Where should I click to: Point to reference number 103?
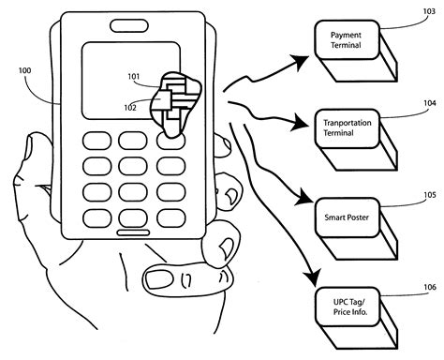coord(428,11)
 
